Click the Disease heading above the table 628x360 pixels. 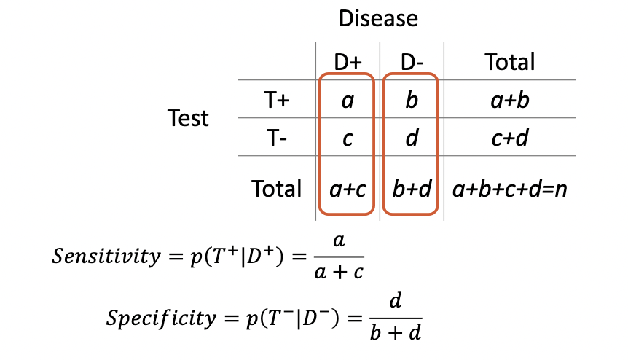click(378, 18)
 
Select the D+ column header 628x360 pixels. click(348, 63)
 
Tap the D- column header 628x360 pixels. click(412, 63)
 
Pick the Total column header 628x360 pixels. click(510, 63)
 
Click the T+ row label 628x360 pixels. click(278, 101)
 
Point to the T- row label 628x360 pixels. click(278, 138)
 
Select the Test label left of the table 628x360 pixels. click(188, 118)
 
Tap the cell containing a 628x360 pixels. click(348, 101)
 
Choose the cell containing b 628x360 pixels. click(412, 101)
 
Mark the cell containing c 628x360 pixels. click(348, 138)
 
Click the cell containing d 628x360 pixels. click(412, 138)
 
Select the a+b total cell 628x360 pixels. click(510, 101)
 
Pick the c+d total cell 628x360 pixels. click(510, 138)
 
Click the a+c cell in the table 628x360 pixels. click(348, 189)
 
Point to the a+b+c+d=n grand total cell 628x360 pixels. click(510, 189)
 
